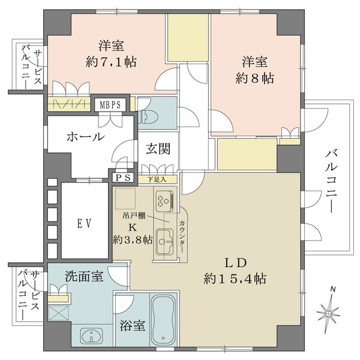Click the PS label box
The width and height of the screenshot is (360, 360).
122,178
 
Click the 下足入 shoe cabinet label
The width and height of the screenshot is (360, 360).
160,178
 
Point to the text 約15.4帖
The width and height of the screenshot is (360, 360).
235,278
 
